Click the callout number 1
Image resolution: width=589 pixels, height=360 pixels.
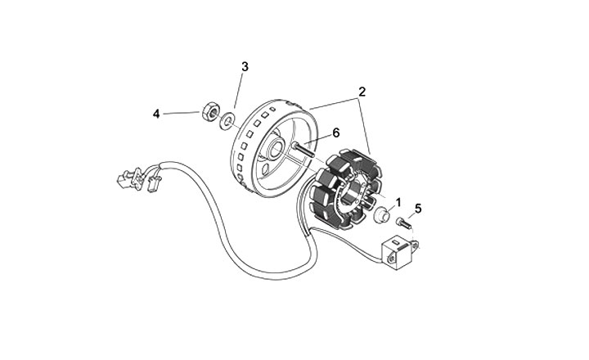tap(398, 200)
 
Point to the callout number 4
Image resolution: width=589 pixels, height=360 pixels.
tap(156, 114)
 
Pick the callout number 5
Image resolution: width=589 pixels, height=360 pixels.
tap(417, 209)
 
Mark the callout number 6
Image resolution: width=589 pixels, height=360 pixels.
tap(335, 133)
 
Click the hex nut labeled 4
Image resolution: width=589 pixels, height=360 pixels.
tap(207, 111)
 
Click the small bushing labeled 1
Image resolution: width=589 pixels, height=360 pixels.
tap(380, 217)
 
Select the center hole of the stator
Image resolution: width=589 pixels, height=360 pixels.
tap(361, 191)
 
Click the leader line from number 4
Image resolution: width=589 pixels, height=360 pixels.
tap(180, 113)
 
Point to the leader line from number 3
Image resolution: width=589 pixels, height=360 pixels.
tap(238, 94)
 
